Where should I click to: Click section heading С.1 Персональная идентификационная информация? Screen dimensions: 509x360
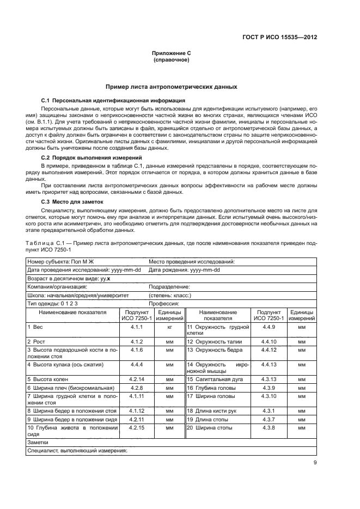[113, 101]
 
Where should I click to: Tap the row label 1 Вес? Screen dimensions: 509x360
[36, 327]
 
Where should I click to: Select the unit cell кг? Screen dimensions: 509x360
[169, 327]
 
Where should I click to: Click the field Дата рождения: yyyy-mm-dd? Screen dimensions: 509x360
[184, 269]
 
